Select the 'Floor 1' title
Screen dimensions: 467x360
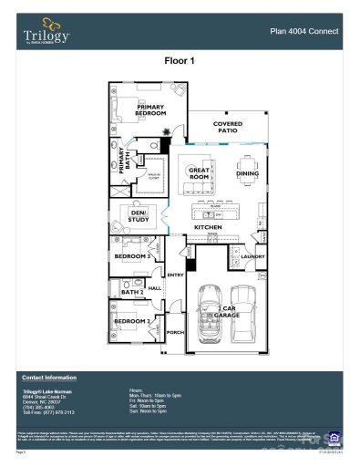point(180,62)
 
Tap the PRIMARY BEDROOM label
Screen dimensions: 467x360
point(149,110)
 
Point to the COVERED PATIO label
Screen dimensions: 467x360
point(227,127)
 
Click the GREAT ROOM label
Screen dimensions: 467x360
point(199,172)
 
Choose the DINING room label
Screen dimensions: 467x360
point(247,173)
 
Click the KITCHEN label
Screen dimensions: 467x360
point(208,227)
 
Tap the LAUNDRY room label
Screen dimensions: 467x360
point(252,256)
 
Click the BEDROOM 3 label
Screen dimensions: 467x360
point(132,256)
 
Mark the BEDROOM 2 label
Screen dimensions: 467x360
point(131,322)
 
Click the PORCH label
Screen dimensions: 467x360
point(175,333)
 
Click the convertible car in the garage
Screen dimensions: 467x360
point(211,317)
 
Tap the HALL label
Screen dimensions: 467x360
point(155,288)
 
